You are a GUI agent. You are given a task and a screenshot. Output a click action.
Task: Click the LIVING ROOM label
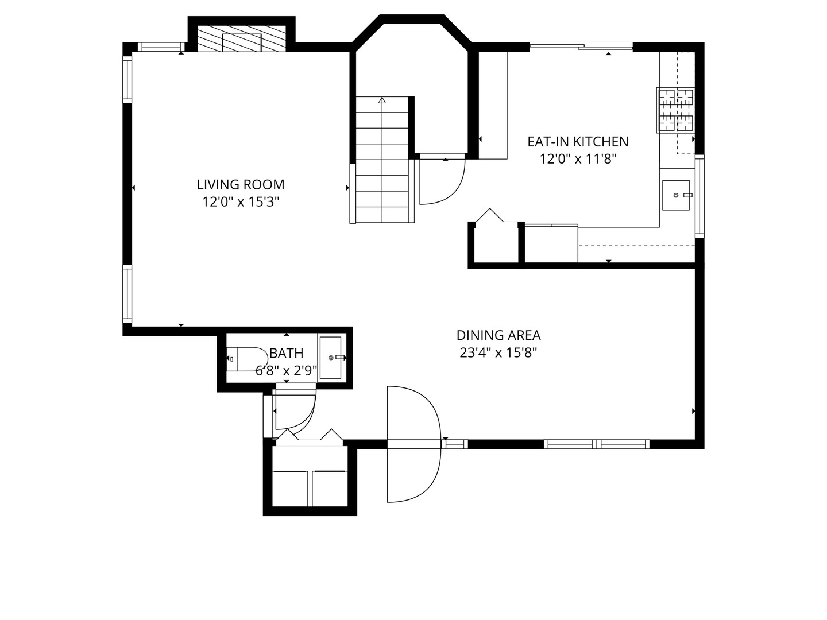(x=241, y=184)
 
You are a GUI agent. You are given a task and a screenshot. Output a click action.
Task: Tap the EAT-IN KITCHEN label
(x=578, y=142)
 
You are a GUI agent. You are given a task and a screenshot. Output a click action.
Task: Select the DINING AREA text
(x=498, y=335)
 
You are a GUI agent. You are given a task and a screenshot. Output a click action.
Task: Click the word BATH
(x=287, y=353)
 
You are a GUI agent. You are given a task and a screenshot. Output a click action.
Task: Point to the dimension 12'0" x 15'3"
(x=241, y=202)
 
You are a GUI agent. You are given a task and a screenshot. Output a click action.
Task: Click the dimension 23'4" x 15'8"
(x=498, y=352)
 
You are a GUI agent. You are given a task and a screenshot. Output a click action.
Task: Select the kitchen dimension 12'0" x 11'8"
(x=578, y=159)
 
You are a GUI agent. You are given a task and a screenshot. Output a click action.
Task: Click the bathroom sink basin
(x=330, y=357)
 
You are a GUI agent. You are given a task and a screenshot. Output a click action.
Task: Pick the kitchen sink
(x=676, y=195)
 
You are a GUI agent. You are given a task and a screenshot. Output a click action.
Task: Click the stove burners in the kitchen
(x=675, y=110)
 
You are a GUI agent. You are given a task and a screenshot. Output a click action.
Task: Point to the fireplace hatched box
(x=242, y=39)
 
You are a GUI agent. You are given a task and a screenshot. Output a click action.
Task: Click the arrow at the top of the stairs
(x=382, y=100)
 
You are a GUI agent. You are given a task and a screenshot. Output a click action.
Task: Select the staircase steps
(x=382, y=160)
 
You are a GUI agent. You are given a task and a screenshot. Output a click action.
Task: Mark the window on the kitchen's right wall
(x=700, y=196)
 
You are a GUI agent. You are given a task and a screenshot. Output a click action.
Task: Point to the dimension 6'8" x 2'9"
(x=287, y=371)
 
